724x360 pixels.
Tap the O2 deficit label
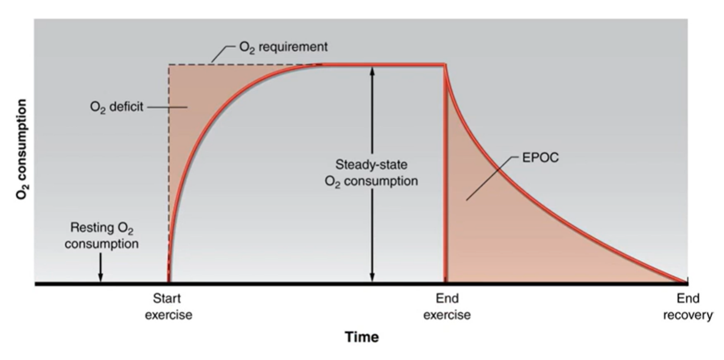coord(117,107)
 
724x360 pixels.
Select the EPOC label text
coord(540,158)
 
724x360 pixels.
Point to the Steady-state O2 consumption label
coord(371,173)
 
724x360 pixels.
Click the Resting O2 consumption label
coord(102,236)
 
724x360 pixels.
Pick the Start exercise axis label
coord(168,306)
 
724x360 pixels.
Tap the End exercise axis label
coord(447,306)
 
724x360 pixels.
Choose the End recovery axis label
coord(688,306)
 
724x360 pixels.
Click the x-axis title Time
coord(362,337)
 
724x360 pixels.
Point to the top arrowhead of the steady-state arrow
coord(372,71)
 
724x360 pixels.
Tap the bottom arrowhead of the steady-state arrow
coord(372,277)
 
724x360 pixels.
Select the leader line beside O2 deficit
coord(167,107)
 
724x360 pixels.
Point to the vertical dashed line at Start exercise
coord(169,173)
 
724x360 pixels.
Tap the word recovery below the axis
coord(688,315)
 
